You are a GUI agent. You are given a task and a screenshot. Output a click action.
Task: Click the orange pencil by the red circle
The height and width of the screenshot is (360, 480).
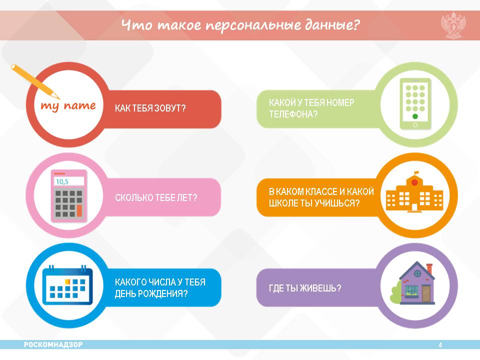[35, 81]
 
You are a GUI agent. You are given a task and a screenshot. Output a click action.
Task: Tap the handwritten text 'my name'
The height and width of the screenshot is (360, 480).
[68, 106]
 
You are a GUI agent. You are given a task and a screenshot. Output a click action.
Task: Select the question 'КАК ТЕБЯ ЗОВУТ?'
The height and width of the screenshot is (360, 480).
[150, 108]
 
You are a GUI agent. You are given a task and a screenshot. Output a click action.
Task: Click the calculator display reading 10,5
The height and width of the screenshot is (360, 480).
[69, 181]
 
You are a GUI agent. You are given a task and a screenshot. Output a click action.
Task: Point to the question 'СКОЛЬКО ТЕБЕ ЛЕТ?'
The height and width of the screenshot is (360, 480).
[156, 197]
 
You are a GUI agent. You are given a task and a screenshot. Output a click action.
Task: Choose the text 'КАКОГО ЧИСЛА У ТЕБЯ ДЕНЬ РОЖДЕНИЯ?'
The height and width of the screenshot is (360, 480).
[160, 288]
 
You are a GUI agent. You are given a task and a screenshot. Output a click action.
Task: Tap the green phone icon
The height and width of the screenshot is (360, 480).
[415, 104]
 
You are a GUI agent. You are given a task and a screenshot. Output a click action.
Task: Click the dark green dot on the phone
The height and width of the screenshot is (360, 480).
[415, 116]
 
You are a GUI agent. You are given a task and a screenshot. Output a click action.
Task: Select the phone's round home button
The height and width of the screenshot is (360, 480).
[415, 125]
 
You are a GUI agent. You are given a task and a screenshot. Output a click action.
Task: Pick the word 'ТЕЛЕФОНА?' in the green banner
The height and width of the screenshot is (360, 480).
[293, 114]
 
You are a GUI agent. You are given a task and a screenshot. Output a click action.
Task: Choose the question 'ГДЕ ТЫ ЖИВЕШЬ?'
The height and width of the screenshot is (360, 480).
[304, 288]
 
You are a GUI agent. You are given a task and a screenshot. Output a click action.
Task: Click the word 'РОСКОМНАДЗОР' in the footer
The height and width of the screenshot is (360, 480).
[53, 344]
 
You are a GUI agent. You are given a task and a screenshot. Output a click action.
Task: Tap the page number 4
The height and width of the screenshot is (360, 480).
[440, 345]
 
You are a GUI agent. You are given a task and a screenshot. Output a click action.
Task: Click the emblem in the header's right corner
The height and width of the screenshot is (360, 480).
[453, 25]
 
